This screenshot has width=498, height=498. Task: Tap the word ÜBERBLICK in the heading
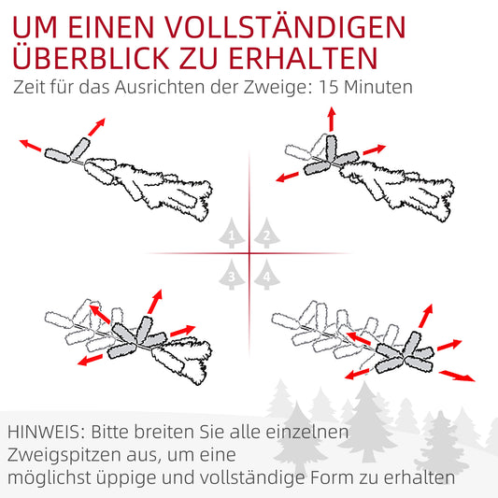click(x=96, y=58)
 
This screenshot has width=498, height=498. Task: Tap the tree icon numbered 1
click(x=230, y=235)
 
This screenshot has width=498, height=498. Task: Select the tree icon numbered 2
click(x=266, y=235)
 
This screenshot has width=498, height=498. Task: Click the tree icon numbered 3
click(x=230, y=275)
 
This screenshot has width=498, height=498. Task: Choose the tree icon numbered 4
click(x=266, y=275)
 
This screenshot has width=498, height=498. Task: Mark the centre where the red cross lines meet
click(x=249, y=253)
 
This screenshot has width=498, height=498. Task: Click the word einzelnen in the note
click(x=309, y=434)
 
